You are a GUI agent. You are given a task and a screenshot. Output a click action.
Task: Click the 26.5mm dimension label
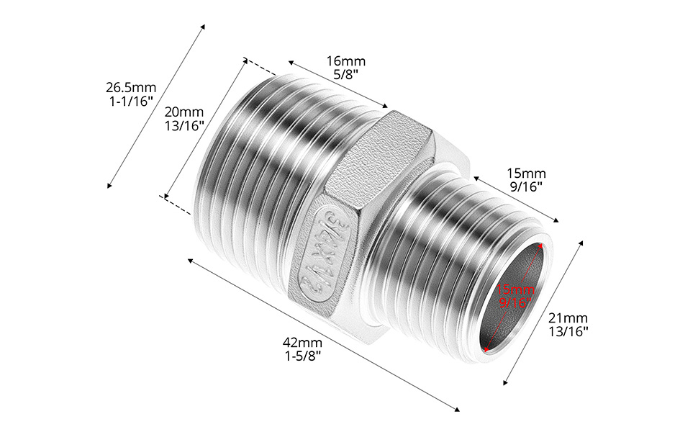[x=131, y=88]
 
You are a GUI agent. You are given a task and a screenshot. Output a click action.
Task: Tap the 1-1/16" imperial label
[x=131, y=102]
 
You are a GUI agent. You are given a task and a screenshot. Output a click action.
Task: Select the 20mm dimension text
[x=183, y=112]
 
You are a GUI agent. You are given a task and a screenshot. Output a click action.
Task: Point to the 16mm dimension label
[x=346, y=60]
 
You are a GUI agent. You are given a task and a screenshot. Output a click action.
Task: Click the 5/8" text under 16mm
[x=346, y=74]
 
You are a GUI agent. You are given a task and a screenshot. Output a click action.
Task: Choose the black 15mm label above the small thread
[x=526, y=173]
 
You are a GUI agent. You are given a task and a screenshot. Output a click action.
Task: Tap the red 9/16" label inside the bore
[x=515, y=303]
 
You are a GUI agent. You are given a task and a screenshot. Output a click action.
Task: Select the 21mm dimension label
[x=568, y=318]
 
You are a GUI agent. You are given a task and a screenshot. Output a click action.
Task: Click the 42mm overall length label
[x=302, y=343]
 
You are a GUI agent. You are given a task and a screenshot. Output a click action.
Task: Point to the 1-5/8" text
[x=302, y=356]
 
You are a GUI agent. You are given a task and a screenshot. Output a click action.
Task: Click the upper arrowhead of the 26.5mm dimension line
[x=203, y=27]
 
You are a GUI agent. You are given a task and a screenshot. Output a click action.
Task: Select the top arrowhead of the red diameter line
[x=541, y=245]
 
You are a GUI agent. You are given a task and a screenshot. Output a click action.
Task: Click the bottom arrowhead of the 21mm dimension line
[x=505, y=382]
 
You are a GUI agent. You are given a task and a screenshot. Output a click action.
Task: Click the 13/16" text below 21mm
[x=568, y=332]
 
